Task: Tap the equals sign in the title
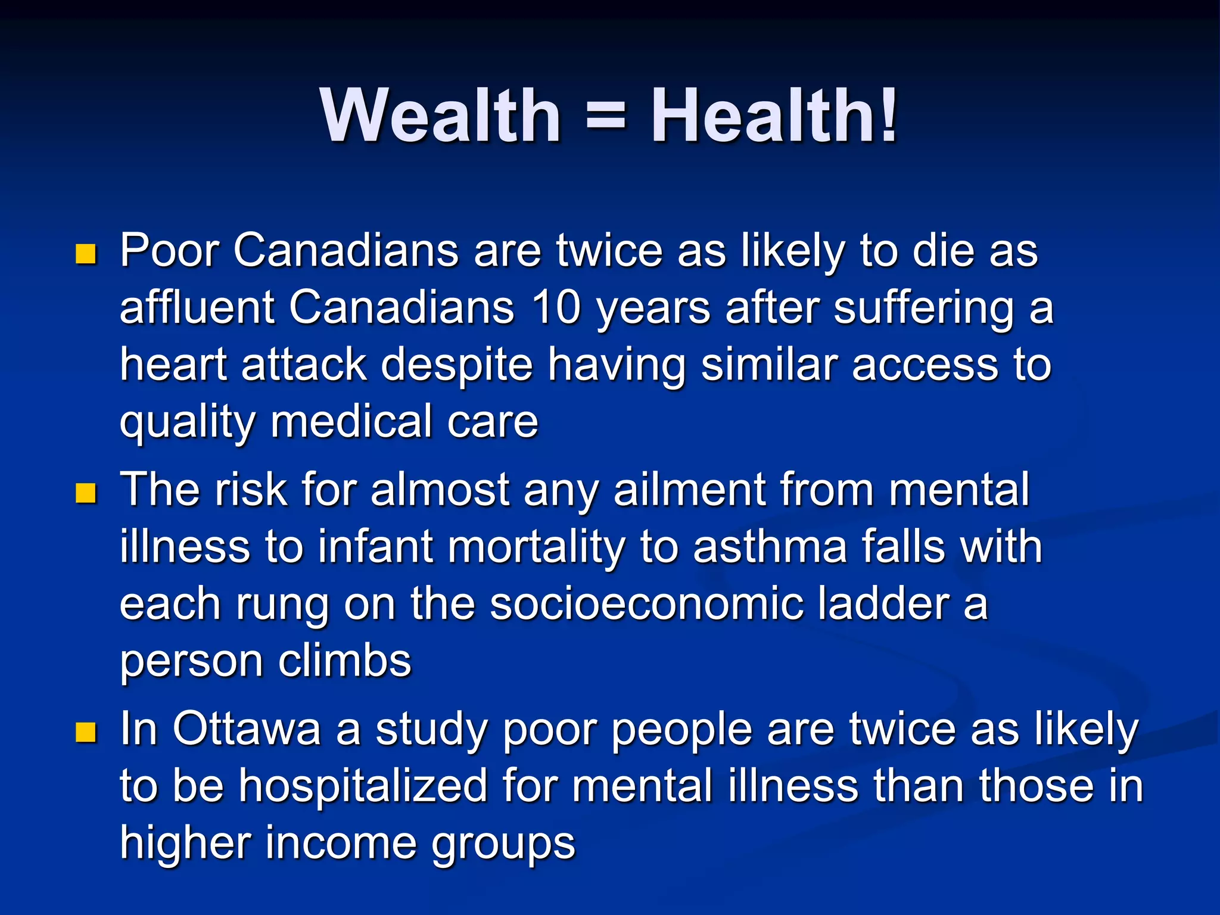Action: [x=606, y=116]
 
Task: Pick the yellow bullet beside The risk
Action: [x=86, y=493]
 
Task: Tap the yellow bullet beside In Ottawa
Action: [x=86, y=732]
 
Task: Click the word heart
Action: [x=173, y=365]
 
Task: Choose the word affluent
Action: [x=197, y=308]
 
